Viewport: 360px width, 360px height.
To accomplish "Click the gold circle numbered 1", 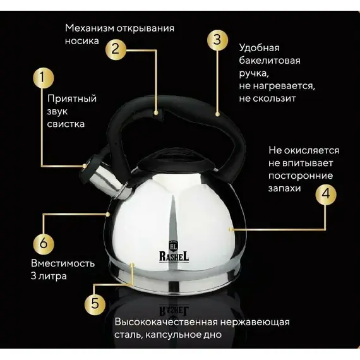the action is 43,78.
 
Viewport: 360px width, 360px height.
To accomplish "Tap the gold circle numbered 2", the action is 116,49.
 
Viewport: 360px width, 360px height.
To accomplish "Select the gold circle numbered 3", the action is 217,40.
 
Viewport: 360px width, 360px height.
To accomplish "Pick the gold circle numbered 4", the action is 325,195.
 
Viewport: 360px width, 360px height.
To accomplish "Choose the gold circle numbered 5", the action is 95,304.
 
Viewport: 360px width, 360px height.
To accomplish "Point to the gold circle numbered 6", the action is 44,243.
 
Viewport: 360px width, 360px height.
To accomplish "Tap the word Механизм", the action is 90,28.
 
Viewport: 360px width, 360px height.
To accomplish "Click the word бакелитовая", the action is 270,61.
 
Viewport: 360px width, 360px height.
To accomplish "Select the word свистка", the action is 66,124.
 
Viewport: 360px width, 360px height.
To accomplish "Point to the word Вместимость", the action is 63,263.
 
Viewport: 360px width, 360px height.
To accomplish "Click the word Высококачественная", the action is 166,322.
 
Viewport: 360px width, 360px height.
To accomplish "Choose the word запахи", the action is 284,188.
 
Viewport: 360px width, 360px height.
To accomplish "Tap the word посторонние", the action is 301,176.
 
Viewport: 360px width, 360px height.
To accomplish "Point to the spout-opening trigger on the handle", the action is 159,114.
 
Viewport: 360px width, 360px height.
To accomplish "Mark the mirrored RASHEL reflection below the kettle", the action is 174,310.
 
